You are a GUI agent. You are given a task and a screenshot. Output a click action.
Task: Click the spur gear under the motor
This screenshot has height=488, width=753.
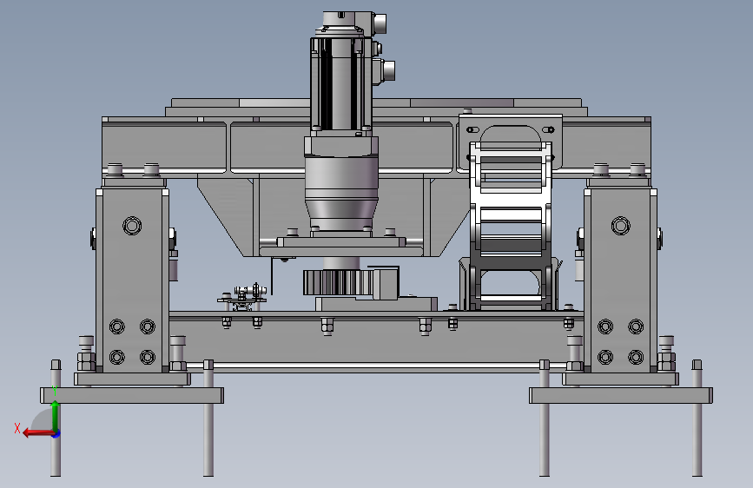tap(337, 282)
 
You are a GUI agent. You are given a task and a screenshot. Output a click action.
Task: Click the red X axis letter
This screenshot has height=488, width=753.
tap(17, 428)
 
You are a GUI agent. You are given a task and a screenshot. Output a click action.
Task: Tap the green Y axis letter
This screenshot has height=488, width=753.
tap(55, 390)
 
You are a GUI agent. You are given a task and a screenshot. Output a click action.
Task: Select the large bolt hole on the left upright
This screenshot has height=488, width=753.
tap(132, 225)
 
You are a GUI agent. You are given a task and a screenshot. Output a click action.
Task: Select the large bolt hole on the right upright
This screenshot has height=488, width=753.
tap(620, 225)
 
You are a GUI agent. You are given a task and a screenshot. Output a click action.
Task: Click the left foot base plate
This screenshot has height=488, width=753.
tap(132, 395)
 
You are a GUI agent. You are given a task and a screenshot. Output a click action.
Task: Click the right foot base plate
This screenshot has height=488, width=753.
tap(621, 395)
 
